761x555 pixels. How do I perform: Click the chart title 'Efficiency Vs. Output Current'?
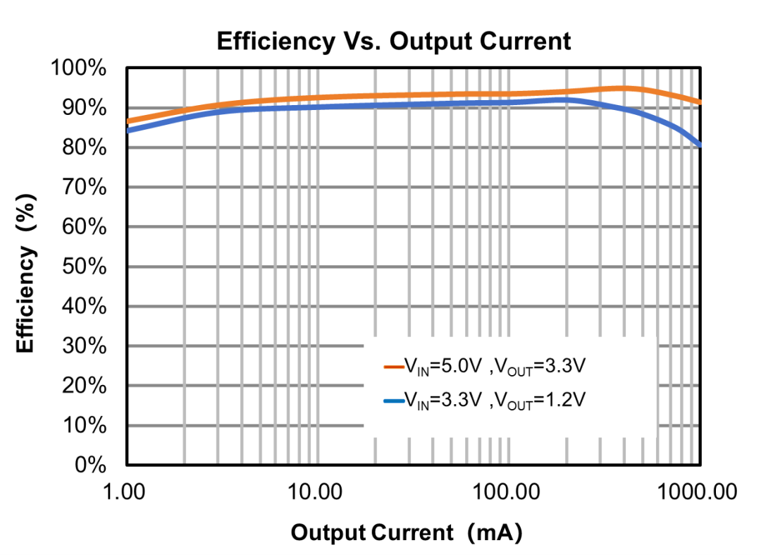(x=393, y=41)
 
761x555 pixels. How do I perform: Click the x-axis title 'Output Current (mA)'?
(x=407, y=532)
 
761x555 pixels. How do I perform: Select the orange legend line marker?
(x=393, y=367)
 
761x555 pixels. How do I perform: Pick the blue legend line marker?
(x=393, y=401)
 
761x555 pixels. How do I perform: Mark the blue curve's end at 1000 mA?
(x=699, y=145)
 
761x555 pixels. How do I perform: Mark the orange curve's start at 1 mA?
(x=128, y=121)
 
